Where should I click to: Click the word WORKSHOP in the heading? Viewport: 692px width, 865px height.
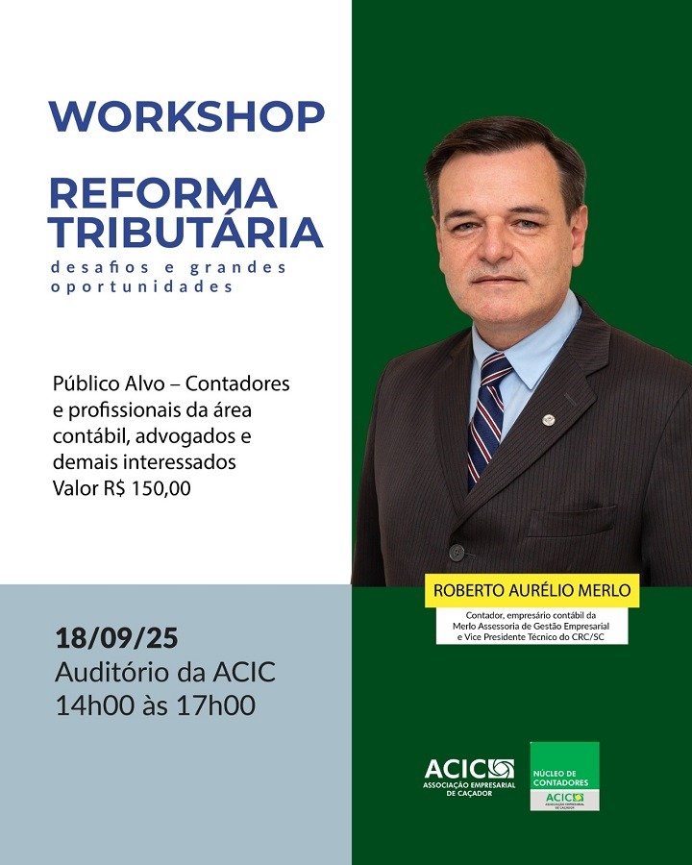[186, 116]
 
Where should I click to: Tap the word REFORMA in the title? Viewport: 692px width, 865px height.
[163, 193]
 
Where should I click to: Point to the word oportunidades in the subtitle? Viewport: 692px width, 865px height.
[142, 287]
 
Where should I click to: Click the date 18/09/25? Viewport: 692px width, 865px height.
[116, 638]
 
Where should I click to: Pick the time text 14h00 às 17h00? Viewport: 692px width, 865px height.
[156, 705]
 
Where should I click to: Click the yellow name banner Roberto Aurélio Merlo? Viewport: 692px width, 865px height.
[531, 590]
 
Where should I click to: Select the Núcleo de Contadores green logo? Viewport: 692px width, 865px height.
[564, 777]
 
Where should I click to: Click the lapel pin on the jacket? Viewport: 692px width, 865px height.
[548, 420]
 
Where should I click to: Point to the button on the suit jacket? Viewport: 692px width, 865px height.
[457, 553]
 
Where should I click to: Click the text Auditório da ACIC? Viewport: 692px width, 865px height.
[165, 673]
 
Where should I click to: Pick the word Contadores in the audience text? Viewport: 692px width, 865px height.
[237, 383]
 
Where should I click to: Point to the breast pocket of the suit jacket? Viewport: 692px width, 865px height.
[572, 521]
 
